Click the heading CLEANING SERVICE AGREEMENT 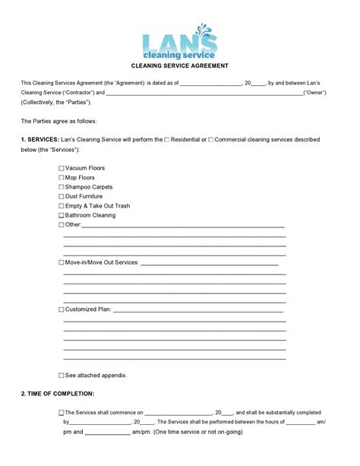coord(180,66)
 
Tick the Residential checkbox coord(167,140)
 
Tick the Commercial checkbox coord(210,140)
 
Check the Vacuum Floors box coord(62,168)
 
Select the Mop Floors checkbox coord(62,177)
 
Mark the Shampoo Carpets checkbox coord(62,187)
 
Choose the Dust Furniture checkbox coord(62,196)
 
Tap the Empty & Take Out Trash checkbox coord(62,206)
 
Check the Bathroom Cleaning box coord(62,215)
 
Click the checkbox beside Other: coord(62,225)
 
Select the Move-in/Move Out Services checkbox coord(62,262)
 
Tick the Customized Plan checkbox coord(62,310)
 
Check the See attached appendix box coord(62,376)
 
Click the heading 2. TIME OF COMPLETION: coord(58,394)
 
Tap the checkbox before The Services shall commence coord(62,413)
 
